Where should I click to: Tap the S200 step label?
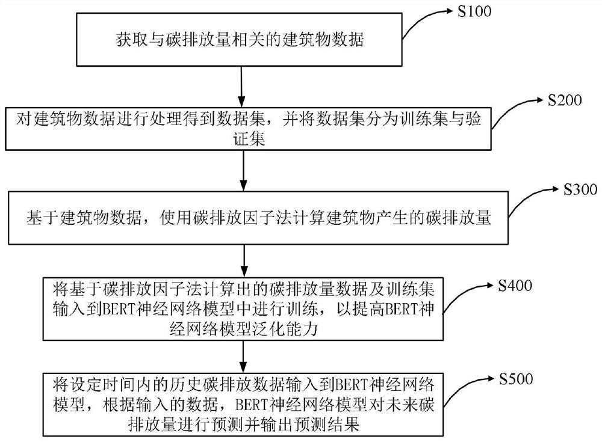click(x=565, y=100)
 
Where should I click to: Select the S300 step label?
click(x=579, y=191)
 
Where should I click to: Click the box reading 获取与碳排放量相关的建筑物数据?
click(x=240, y=41)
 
